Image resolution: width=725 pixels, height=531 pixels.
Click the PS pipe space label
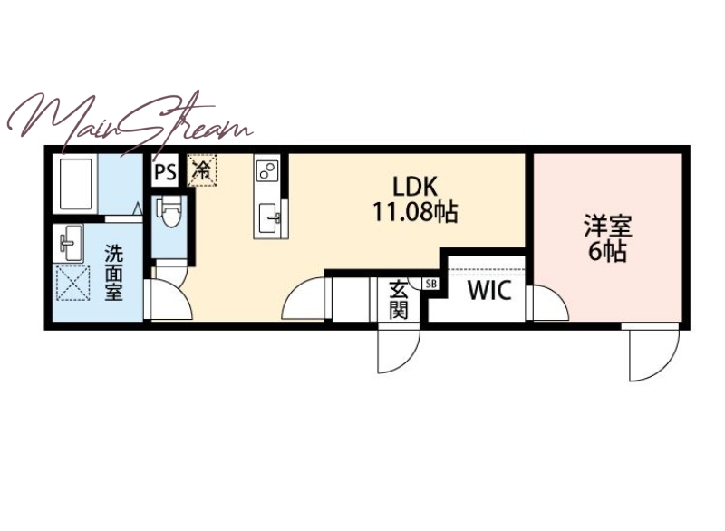[165, 172]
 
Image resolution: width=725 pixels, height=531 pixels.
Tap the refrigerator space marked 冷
[201, 170]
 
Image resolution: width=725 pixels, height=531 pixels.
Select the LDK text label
[415, 187]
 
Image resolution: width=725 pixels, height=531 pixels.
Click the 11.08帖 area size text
[415, 213]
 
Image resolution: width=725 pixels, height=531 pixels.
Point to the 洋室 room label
[607, 226]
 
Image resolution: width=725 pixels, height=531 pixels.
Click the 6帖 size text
[607, 252]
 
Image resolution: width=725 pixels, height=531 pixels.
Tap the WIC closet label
[489, 290]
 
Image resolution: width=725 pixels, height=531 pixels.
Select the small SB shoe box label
[430, 284]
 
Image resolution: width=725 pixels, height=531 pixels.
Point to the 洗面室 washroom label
[113, 273]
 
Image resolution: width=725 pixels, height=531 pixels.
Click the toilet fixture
[169, 212]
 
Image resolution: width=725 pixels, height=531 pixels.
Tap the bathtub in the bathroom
[75, 184]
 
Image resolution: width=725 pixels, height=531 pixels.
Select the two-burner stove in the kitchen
[267, 170]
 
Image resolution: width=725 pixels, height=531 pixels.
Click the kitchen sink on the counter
[268, 217]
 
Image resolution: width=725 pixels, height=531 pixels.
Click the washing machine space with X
[72, 283]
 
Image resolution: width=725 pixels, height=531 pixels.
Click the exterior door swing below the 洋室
[654, 352]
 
